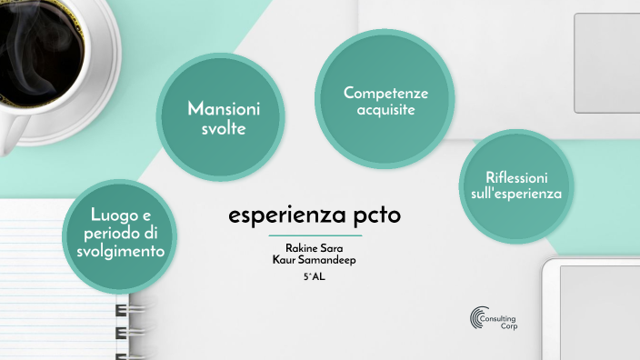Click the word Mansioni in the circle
click(224, 109)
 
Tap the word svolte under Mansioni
click(224, 129)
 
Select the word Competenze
click(385, 93)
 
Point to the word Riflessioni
click(516, 176)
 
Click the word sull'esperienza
click(516, 194)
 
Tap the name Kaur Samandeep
click(315, 259)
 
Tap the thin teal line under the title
click(315, 235)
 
